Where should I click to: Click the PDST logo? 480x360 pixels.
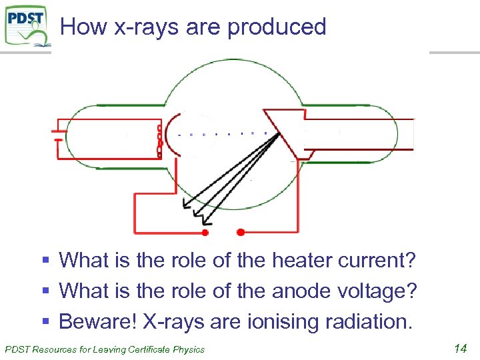pyautogui.click(x=27, y=25)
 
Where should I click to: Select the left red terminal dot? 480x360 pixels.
pyautogui.click(x=205, y=233)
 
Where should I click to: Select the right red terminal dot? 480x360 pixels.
pyautogui.click(x=241, y=232)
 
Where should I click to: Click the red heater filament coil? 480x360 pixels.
pyautogui.click(x=159, y=140)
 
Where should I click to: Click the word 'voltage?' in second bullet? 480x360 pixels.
pyautogui.click(x=379, y=291)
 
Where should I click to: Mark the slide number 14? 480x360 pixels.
pyautogui.click(x=460, y=347)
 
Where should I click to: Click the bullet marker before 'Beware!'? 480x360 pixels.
pyautogui.click(x=45, y=322)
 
